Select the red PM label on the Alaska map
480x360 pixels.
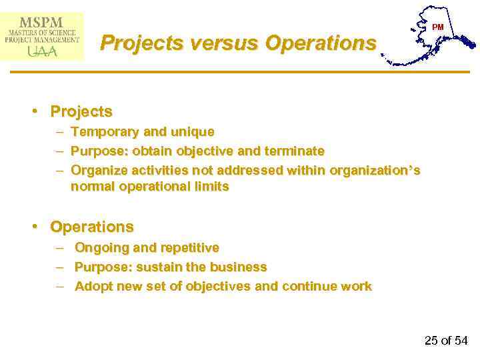[437, 27]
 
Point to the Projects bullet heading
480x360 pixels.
[81, 111]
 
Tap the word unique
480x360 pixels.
[194, 132]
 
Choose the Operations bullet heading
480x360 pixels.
[92, 227]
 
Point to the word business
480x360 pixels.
[238, 267]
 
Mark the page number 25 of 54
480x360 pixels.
[446, 341]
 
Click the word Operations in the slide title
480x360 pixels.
[321, 43]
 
